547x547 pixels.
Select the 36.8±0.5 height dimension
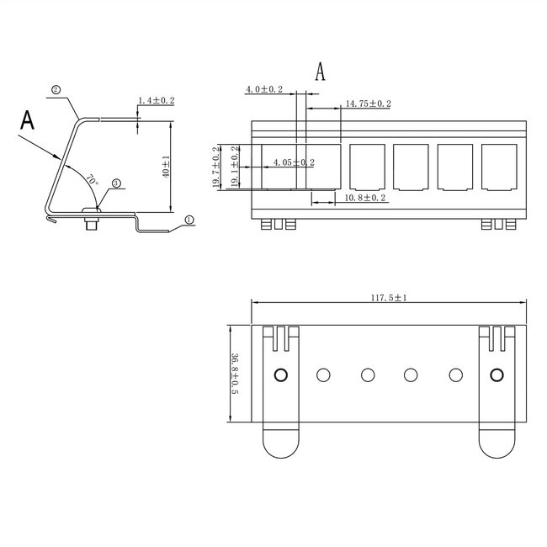point(234,374)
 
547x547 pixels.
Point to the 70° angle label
point(92,179)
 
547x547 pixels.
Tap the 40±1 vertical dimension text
point(166,167)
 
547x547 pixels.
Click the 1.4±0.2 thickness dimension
point(155,100)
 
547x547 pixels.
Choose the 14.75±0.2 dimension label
point(368,104)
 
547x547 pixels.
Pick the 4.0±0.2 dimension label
point(264,88)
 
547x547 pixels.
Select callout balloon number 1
point(189,219)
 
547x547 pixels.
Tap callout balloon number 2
point(56,89)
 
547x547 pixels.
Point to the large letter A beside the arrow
point(28,119)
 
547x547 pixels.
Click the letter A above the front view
point(320,72)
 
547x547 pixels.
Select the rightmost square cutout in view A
point(499,168)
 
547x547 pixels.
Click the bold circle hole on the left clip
point(281,374)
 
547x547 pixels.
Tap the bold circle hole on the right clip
point(496,374)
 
